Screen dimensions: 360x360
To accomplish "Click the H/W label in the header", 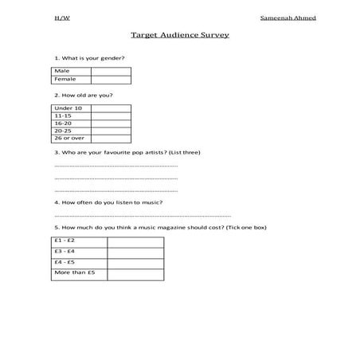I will (x=61, y=16).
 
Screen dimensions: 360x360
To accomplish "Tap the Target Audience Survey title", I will (x=179, y=36).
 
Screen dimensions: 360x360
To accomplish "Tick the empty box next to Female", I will (x=111, y=80).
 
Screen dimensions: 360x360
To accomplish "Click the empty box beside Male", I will (x=111, y=71).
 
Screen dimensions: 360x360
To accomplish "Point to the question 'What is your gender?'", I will (x=89, y=58).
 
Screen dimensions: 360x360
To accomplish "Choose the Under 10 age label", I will (x=71, y=108).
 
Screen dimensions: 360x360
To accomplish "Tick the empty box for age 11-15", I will (x=111, y=116).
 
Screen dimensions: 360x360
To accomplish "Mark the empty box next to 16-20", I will (x=111, y=124).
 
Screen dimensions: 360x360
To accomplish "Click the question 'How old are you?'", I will (x=84, y=96).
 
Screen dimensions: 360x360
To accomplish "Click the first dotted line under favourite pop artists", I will (x=115, y=166).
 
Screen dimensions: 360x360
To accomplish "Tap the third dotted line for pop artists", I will (x=115, y=191).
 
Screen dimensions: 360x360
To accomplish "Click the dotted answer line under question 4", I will (x=142, y=216).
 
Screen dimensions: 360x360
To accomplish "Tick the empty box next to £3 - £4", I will (x=135, y=251).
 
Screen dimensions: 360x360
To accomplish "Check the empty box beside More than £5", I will (x=135, y=273).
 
